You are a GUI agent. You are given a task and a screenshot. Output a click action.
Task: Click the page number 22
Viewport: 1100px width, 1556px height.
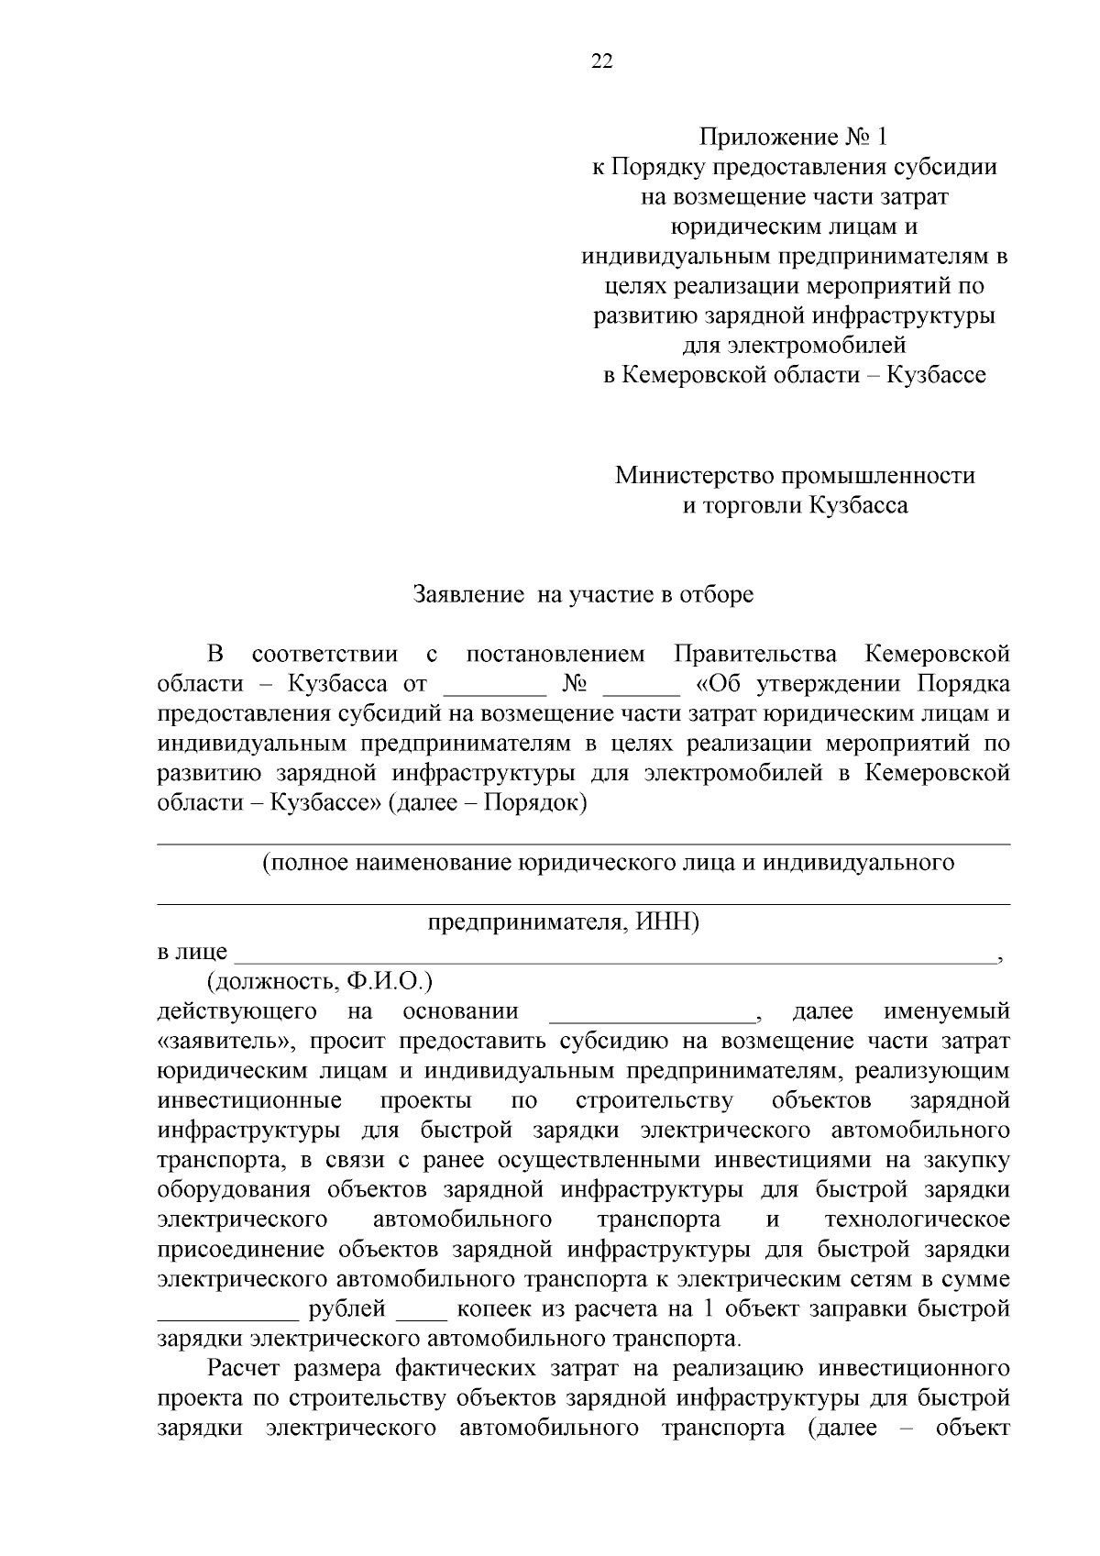coord(602,61)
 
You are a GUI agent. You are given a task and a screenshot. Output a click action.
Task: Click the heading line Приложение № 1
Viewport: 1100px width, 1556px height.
coord(794,138)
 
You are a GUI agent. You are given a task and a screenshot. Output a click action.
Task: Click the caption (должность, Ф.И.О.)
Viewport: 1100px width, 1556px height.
coord(319,982)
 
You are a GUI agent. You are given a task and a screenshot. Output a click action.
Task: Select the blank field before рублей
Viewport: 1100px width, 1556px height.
coord(228,1309)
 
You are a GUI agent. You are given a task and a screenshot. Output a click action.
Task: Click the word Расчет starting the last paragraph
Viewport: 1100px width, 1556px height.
coord(244,1369)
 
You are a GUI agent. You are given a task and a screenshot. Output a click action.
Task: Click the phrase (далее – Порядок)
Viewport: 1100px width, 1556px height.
coord(487,802)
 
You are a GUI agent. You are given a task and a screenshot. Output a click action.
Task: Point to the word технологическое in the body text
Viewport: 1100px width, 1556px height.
coord(917,1219)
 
